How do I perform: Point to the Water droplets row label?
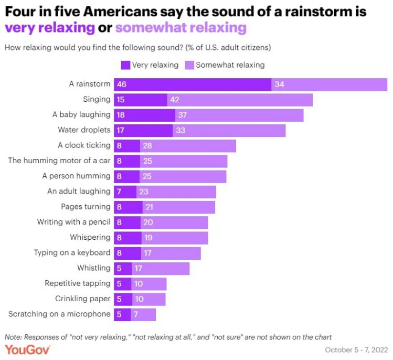click(84, 130)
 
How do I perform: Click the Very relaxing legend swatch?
click(125, 65)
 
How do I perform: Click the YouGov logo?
click(27, 350)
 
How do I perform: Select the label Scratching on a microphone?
click(59, 314)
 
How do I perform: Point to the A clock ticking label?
click(84, 145)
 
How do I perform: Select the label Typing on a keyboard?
click(72, 253)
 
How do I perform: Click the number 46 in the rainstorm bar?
click(122, 84)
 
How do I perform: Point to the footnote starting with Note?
click(168, 336)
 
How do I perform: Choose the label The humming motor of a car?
click(59, 161)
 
